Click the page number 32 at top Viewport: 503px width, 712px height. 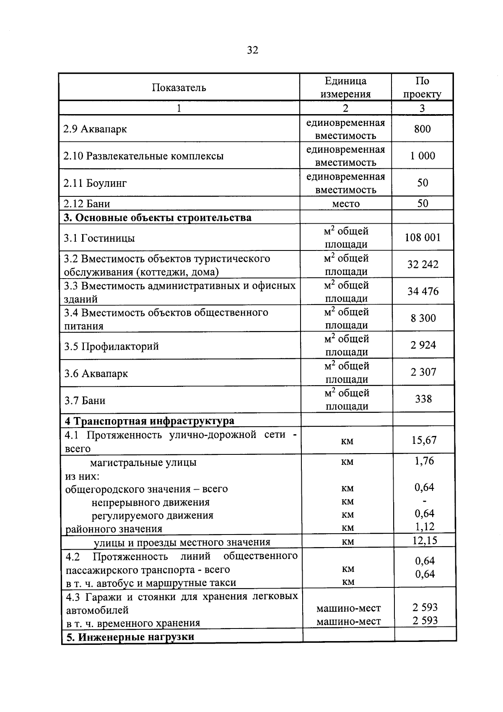point(253,50)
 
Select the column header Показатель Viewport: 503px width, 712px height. point(179,88)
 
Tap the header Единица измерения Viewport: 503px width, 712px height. point(345,87)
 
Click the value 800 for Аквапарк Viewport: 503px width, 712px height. point(422,129)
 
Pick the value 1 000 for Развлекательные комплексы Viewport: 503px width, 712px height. point(422,156)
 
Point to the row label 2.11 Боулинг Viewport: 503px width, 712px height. point(95,183)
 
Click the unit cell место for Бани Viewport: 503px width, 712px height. point(346,204)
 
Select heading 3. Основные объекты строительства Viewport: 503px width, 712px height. point(158,218)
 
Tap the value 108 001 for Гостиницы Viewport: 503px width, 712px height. point(423,238)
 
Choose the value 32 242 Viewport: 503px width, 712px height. point(423,265)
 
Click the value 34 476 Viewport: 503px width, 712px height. point(423,291)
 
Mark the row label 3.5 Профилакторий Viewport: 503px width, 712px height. point(111,347)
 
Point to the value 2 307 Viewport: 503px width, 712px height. point(423,372)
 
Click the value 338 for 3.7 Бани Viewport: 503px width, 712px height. point(423,399)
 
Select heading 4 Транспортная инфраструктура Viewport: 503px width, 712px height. point(149,421)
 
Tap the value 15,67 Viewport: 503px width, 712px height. point(424,440)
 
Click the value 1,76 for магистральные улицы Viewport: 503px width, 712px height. point(424,461)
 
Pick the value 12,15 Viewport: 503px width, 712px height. point(425,540)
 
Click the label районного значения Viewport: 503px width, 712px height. point(114,529)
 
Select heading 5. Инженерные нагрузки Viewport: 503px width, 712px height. point(130,637)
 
